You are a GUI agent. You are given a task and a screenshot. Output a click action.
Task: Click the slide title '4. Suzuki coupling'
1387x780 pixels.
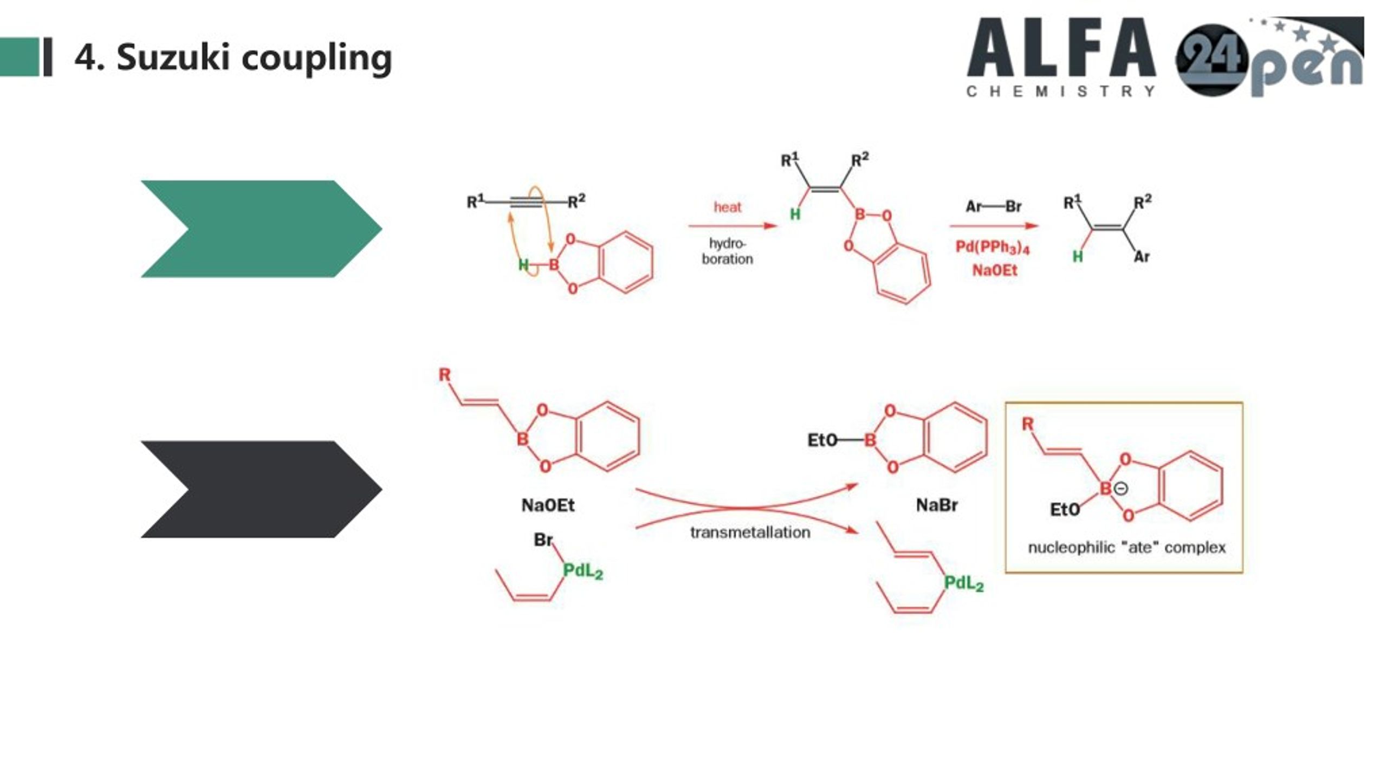[x=233, y=57]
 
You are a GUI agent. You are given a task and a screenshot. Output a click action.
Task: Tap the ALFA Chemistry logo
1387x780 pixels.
[x=1061, y=57]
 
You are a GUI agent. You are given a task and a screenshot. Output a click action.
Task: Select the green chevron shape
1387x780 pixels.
[x=261, y=229]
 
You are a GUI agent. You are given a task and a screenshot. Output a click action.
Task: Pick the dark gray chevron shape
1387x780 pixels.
[x=261, y=489]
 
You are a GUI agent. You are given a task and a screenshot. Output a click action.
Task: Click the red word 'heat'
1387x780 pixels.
[x=727, y=207]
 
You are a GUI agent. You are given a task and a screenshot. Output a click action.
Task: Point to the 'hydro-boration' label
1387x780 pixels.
[x=727, y=251]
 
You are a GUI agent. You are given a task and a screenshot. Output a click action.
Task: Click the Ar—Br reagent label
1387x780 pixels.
[x=993, y=206]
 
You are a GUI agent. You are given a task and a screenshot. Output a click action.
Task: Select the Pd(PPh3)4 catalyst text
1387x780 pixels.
[x=992, y=248]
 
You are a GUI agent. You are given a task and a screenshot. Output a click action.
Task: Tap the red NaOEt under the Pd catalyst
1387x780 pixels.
[x=994, y=270]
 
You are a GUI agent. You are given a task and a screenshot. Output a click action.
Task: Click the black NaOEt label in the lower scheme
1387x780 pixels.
[x=548, y=505]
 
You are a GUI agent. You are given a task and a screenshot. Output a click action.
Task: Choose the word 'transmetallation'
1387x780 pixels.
[x=750, y=532]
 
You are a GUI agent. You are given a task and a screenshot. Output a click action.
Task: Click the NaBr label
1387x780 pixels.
[x=937, y=505]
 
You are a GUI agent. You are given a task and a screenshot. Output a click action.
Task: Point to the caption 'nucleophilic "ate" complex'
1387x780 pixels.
[x=1127, y=548]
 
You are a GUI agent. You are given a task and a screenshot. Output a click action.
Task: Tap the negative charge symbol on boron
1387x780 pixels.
[x=1120, y=489]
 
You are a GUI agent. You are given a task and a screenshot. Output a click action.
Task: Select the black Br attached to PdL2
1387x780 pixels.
[x=543, y=540]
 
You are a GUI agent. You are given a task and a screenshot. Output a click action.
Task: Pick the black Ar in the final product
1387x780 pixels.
[x=1142, y=257]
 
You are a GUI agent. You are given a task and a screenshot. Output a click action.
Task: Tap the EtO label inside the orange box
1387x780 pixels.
[x=1065, y=510]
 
